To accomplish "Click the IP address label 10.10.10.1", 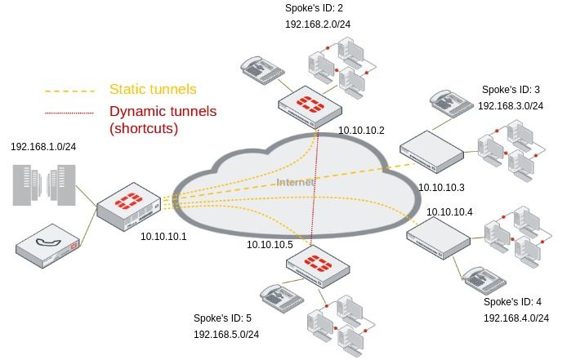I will coord(163,237).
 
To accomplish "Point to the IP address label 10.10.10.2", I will coord(361,130).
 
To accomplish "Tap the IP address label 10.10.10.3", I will coord(441,187).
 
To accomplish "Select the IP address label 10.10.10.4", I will coord(449,211).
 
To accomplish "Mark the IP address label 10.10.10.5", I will coord(270,244).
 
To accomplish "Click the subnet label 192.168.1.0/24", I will coord(42,146).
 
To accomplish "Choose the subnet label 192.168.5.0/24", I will coord(226,334).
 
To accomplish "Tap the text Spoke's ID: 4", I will coord(512,301).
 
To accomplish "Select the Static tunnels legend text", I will coord(153,89).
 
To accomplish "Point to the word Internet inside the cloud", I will coord(295,182).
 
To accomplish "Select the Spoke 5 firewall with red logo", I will coord(317,265).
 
